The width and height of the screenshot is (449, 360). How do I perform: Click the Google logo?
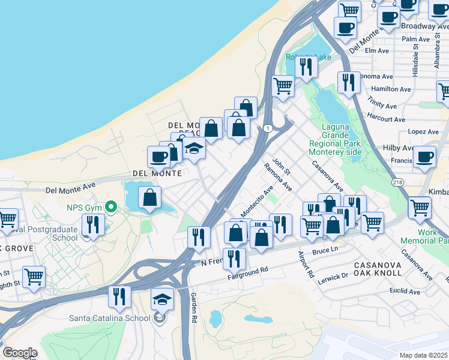tap(20, 353)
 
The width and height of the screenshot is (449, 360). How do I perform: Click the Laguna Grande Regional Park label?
tap(334, 140)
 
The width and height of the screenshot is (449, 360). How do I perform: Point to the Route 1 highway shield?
tap(267, 128)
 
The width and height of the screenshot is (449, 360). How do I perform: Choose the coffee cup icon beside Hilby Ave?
tap(424, 158)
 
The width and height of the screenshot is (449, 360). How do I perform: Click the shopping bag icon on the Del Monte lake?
tap(149, 197)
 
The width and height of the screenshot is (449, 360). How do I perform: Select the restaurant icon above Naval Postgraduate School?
tap(93, 225)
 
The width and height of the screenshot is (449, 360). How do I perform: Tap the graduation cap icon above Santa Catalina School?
tap(162, 299)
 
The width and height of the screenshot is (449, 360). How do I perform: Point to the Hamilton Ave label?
tap(391, 89)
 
